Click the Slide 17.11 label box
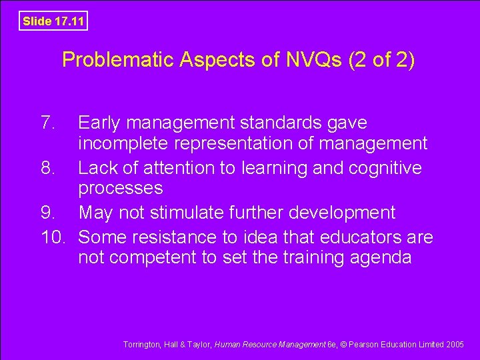(x=53, y=21)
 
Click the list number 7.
(x=47, y=123)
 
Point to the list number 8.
(x=47, y=168)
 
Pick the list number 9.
(x=47, y=213)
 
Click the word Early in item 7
(x=99, y=123)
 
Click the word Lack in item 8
(x=97, y=168)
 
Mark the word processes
(x=120, y=189)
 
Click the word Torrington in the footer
(x=141, y=345)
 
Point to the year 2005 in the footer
(x=455, y=345)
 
